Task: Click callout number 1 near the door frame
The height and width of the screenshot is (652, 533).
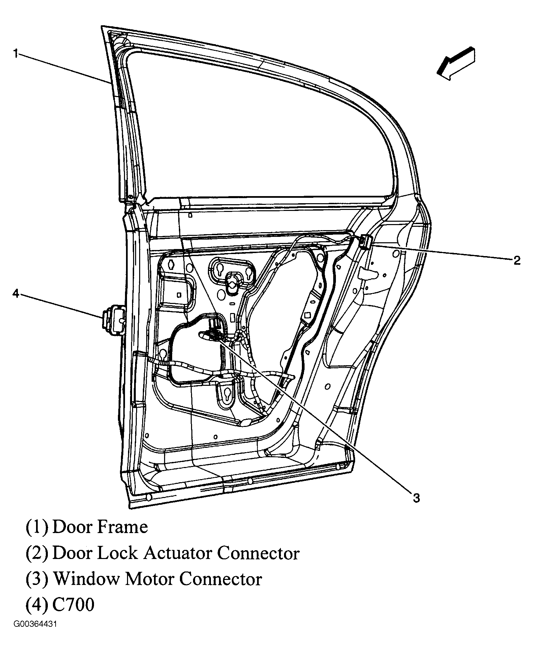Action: coord(15,54)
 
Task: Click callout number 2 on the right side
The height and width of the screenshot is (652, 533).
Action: coord(517,260)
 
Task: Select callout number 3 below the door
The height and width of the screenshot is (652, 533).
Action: coord(416,498)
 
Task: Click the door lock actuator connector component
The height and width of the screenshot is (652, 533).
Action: coord(365,242)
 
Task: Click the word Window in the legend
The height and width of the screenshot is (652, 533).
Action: coord(87,579)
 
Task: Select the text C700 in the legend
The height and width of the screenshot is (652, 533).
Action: coord(73,605)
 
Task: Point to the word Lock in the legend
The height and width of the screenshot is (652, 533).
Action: coord(118,553)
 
